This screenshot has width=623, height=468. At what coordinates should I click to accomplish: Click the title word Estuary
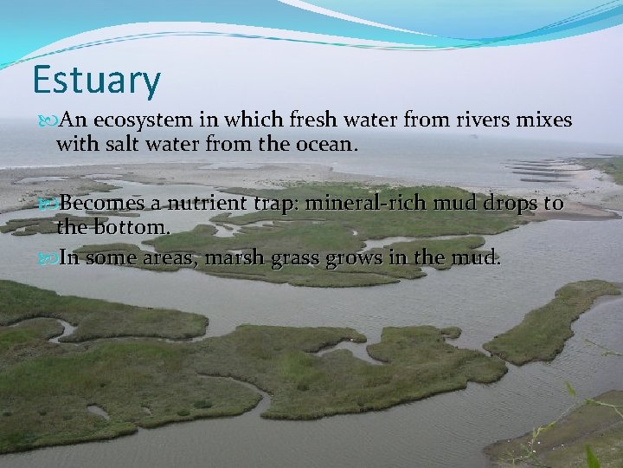coord(96,80)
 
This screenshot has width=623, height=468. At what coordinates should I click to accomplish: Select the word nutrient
coord(207,204)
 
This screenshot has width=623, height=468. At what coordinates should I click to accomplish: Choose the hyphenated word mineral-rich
coord(371,204)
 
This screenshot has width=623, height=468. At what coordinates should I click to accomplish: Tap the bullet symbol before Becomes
coord(46,205)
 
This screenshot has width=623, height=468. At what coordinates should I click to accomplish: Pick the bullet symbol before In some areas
coord(46,258)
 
